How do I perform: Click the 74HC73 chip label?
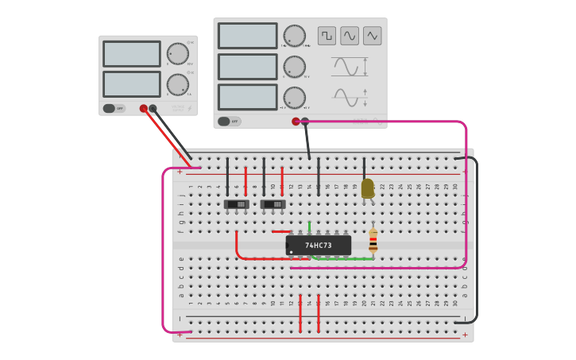point(319,246)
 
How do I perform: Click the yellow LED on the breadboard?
point(367,188)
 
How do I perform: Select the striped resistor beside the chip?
point(373,242)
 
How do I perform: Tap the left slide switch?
point(236,204)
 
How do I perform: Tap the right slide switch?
point(273,204)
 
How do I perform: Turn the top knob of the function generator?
point(294,36)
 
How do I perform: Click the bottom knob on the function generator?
point(294,97)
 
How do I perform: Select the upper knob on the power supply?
point(177,54)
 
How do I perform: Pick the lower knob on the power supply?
point(177,84)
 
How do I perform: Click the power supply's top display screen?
point(132,54)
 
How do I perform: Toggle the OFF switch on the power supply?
point(114,108)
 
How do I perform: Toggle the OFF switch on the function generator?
point(229,122)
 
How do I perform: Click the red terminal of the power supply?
point(144,109)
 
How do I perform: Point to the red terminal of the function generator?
point(296,122)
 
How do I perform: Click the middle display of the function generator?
point(247,67)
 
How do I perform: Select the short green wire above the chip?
point(309,226)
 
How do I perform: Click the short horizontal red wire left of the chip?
point(281,232)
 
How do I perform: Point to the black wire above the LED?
point(364,167)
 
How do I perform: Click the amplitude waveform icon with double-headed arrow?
point(350,67)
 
